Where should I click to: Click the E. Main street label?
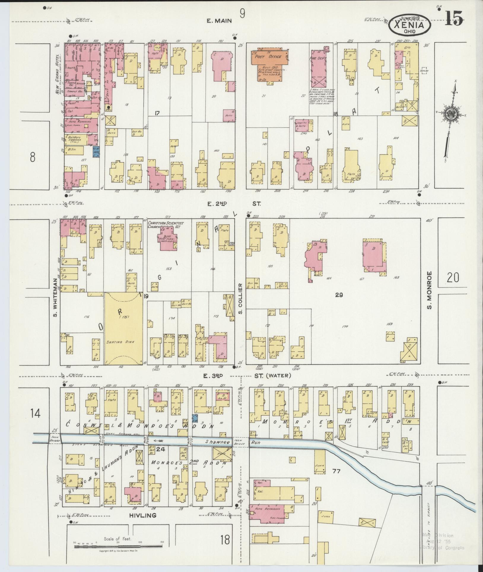(220, 21)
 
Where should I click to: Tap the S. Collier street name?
(241, 298)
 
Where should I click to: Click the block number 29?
(339, 295)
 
